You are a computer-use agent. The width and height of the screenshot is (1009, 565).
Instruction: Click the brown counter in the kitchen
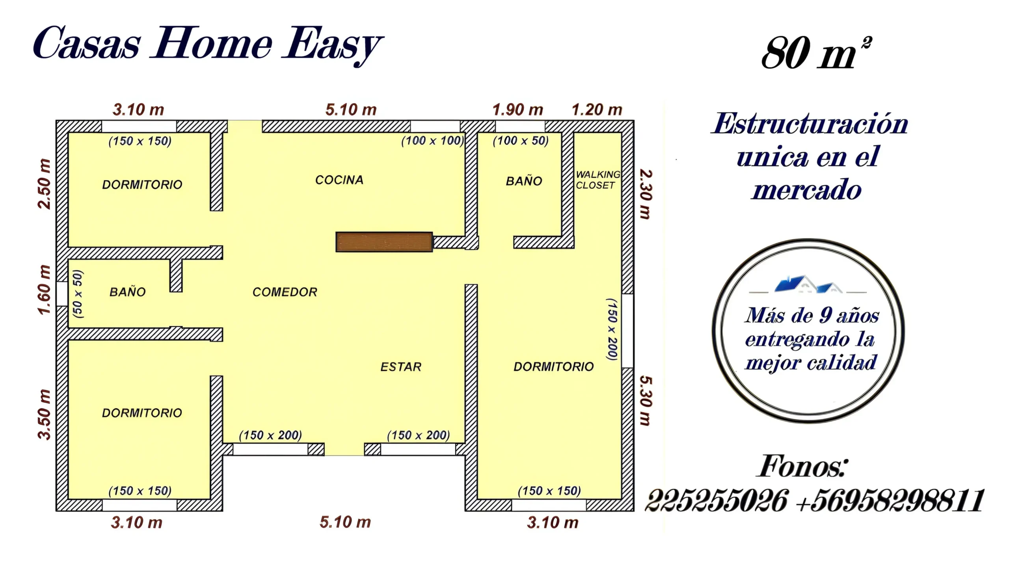pos(384,242)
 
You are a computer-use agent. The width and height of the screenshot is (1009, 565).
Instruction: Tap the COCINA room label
pos(339,180)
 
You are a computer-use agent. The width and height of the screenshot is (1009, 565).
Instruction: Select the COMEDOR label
pos(285,292)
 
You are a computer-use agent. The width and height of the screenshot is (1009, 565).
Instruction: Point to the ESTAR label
pos(401,367)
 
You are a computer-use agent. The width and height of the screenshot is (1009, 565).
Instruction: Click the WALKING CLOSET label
pos(598,180)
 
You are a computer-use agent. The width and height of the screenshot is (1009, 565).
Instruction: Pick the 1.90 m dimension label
pos(518,110)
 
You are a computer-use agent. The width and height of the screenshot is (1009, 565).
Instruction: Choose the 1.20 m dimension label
pos(597,110)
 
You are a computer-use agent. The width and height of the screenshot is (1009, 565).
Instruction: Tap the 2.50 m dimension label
pos(45,184)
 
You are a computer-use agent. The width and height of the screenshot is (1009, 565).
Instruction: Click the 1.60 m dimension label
pos(45,290)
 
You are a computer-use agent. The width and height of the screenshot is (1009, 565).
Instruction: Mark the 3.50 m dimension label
pos(45,414)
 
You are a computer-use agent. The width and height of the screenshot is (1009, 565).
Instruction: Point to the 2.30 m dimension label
pos(645,194)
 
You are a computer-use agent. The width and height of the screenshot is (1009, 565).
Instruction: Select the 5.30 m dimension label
pos(645,401)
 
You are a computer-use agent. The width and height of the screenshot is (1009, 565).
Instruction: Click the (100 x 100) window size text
pos(432,141)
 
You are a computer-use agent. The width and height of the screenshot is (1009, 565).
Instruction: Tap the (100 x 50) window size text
pos(521,141)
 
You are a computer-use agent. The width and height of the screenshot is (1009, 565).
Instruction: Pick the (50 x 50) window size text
pos(78,294)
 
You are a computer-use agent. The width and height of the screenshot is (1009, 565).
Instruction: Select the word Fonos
pos(802,466)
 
